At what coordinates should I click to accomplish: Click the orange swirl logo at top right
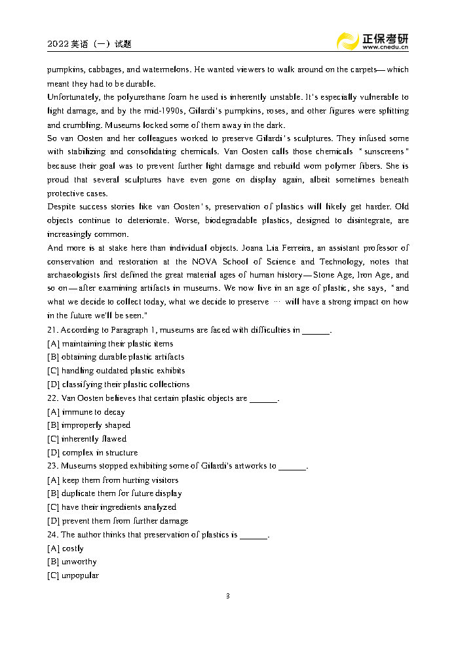point(347,41)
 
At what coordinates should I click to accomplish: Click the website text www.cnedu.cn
point(385,48)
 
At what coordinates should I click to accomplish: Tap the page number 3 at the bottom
point(227,596)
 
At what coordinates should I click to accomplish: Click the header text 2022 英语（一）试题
point(89,44)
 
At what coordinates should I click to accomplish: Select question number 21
point(53,330)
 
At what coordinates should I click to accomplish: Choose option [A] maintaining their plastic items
point(110,344)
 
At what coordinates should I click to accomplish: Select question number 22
point(53,398)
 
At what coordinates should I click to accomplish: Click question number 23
point(53,466)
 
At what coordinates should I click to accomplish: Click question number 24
point(53,535)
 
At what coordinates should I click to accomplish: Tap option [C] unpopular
point(73,575)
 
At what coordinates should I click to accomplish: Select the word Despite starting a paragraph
point(63,207)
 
